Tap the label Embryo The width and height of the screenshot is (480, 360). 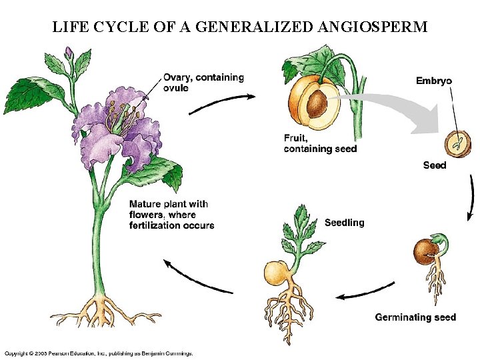tap(433, 81)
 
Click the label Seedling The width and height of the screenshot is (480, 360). tap(344, 222)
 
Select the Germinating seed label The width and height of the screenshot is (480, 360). tap(415, 317)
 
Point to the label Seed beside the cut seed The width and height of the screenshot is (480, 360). tap(434, 165)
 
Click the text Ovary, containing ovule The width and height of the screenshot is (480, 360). tap(203, 83)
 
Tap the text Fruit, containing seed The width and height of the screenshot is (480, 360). tap(320, 143)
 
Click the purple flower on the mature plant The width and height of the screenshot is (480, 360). tap(113, 130)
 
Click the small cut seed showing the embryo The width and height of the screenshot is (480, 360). tap(457, 142)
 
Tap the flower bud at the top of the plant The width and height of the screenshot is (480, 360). tap(69, 53)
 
